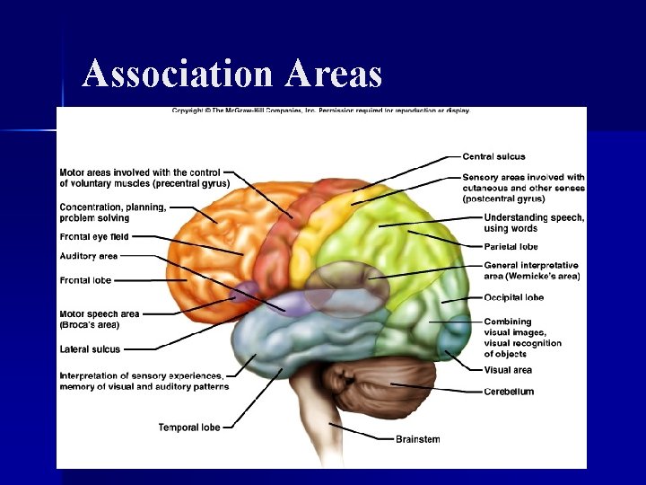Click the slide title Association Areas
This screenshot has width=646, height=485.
click(231, 74)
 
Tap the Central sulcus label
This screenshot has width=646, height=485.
click(493, 157)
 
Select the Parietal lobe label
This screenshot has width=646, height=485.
click(511, 247)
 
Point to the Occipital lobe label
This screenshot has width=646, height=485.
click(513, 297)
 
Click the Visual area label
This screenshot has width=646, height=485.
click(508, 370)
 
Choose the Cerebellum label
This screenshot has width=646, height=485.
click(509, 392)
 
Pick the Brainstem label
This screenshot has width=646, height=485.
click(418, 439)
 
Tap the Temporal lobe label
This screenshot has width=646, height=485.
click(188, 428)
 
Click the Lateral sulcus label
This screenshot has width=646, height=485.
click(90, 349)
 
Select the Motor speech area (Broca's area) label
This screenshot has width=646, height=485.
click(99, 319)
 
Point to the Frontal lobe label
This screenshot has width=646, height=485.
click(85, 280)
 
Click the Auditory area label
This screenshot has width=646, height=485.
click(88, 256)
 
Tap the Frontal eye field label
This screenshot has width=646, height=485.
click(93, 237)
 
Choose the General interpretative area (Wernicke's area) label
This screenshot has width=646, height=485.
click(531, 271)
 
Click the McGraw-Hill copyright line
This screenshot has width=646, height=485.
click(320, 111)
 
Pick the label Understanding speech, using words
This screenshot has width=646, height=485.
click(534, 223)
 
